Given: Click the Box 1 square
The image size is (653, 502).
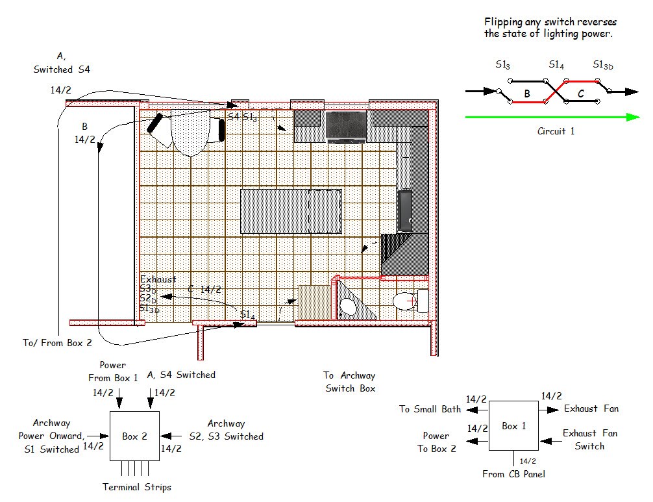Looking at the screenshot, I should click(513, 426).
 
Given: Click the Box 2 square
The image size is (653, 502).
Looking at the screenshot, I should click(134, 436).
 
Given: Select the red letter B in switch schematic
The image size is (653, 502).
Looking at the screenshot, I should click(527, 94).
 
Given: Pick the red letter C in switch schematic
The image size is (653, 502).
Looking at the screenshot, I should click(581, 94).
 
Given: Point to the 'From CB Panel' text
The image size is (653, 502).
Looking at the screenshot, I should click(513, 474).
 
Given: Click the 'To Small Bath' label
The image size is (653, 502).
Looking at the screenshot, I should click(429, 409).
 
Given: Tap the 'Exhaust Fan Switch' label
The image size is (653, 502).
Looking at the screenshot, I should click(589, 440).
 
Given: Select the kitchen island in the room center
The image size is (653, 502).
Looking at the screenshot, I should click(291, 211).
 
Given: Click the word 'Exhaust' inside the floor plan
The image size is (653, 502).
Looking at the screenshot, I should click(158, 279).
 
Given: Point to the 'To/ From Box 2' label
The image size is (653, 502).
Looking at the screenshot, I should click(57, 342).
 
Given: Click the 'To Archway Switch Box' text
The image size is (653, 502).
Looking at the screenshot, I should click(349, 382).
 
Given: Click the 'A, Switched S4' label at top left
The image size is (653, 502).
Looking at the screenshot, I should click(62, 63).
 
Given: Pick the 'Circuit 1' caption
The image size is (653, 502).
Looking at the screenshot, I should click(556, 131).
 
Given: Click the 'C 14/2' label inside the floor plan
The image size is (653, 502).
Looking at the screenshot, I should click(204, 289).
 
